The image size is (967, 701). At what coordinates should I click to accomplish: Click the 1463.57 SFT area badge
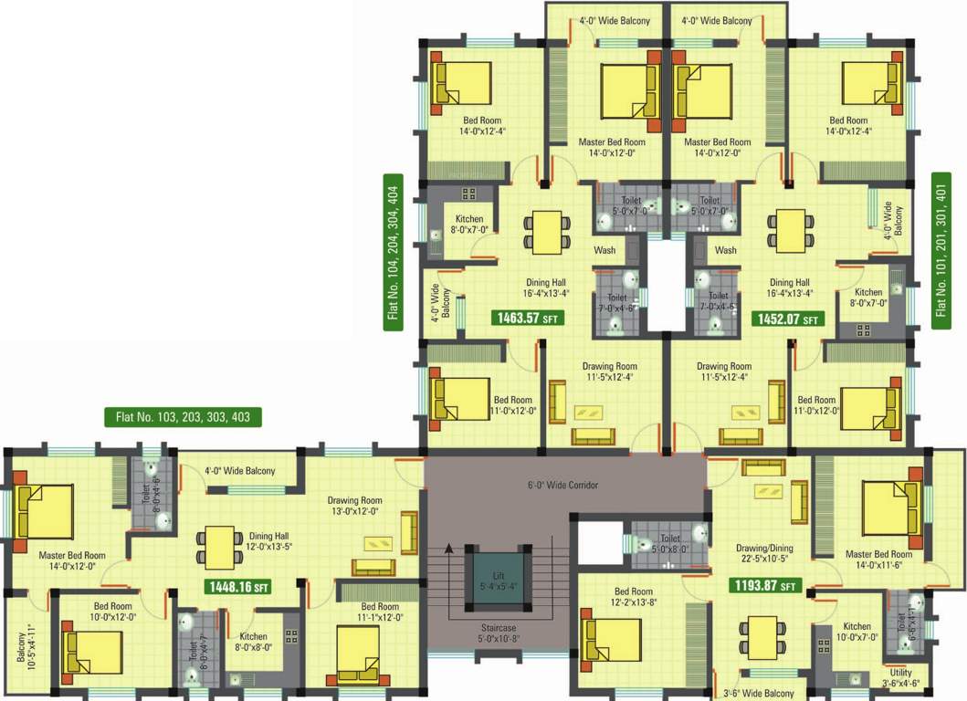pyautogui.click(x=527, y=319)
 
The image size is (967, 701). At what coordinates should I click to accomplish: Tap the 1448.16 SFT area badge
pyautogui.click(x=236, y=588)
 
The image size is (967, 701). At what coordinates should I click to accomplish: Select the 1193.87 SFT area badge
pyautogui.click(x=762, y=585)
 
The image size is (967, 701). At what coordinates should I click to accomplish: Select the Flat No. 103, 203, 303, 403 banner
pyautogui.click(x=183, y=417)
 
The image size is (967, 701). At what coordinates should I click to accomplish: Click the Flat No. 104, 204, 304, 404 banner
pyautogui.click(x=394, y=250)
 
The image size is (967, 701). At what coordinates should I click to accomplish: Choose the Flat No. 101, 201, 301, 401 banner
pyautogui.click(x=941, y=250)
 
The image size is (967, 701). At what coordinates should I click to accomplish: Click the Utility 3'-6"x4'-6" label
pyautogui.click(x=900, y=677)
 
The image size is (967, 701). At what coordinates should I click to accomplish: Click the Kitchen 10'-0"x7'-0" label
pyautogui.click(x=857, y=632)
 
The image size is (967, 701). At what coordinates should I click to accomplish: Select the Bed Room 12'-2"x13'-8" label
pyautogui.click(x=633, y=597)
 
